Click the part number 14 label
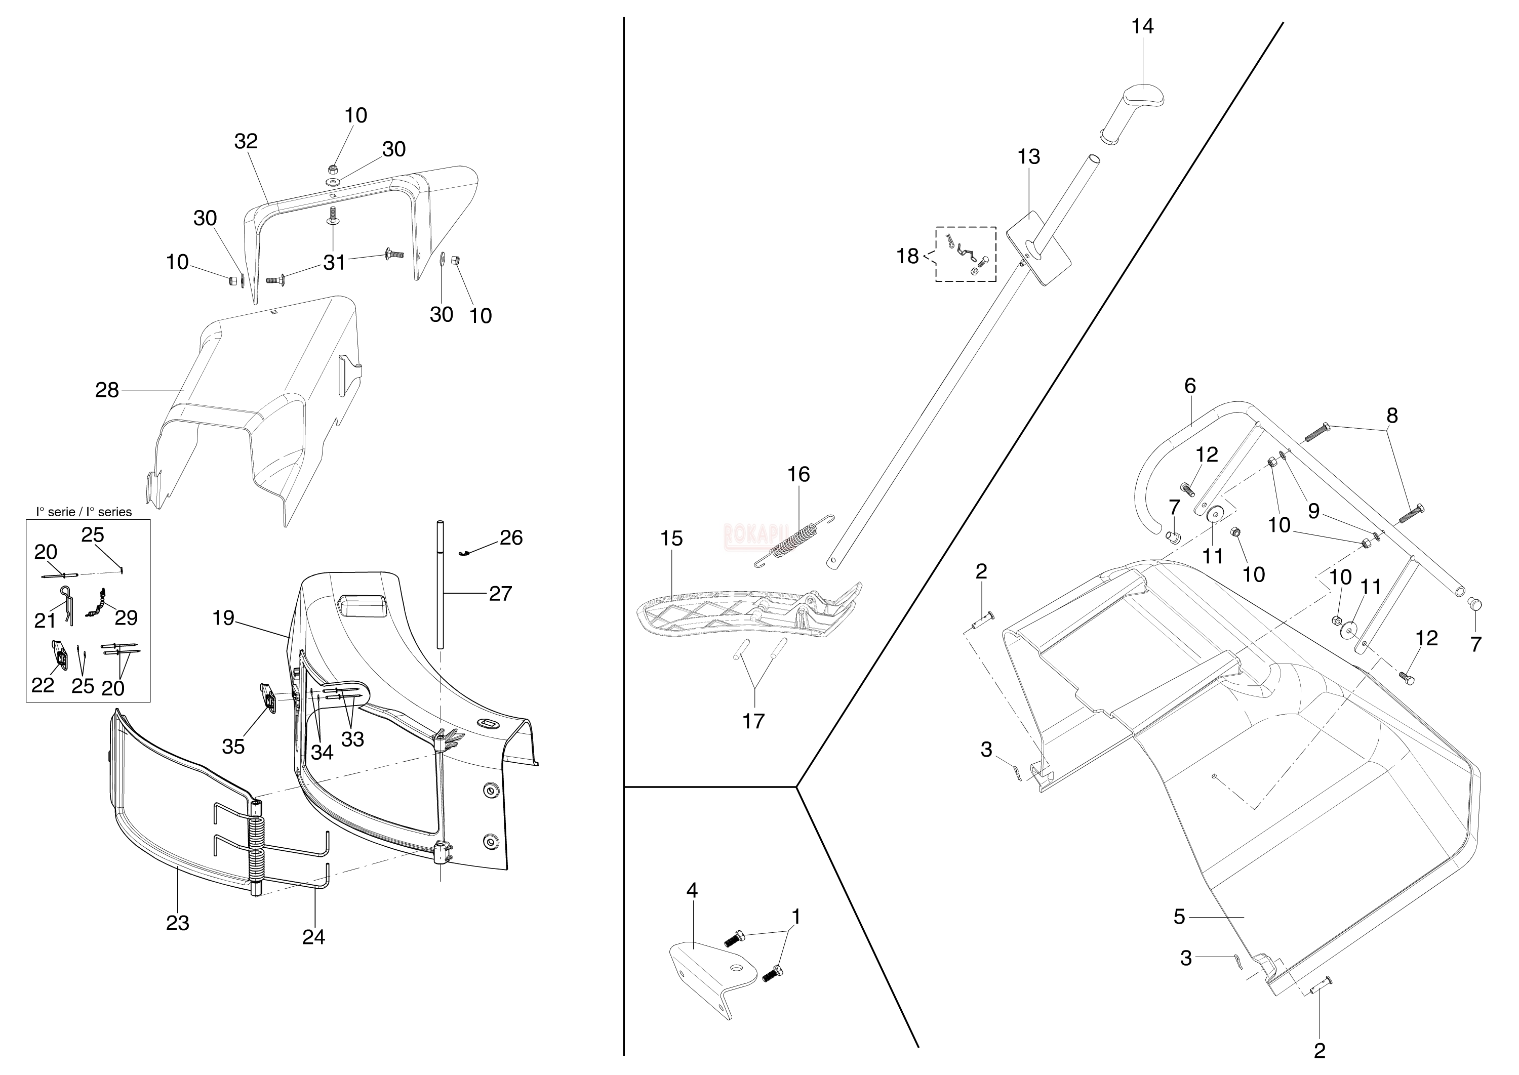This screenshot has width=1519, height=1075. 1142,26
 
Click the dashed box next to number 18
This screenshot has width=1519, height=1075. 966,254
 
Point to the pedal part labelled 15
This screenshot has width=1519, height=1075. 748,612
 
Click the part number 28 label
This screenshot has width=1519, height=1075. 107,391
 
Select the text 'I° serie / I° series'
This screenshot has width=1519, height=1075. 84,512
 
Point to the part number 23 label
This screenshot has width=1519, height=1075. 177,923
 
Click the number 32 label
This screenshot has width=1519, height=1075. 246,141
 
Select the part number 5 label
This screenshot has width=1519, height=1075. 1179,917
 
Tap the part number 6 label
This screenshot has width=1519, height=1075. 1190,385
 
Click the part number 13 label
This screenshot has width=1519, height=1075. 1029,157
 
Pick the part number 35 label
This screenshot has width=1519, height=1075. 233,747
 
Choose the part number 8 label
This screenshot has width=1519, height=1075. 1392,416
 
